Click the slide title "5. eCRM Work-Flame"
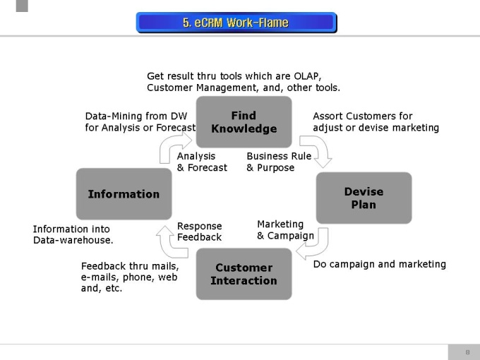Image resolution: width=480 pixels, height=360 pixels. click(x=236, y=23)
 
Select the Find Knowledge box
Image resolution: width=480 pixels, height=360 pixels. click(x=244, y=122)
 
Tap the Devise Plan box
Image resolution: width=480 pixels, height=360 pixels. click(x=364, y=198)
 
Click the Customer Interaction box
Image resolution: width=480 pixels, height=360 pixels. click(x=244, y=274)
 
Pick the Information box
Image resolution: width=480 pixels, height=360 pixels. click(x=124, y=194)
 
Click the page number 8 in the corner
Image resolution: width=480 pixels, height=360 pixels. click(x=467, y=352)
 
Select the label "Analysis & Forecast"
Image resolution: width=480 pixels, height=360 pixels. click(x=202, y=162)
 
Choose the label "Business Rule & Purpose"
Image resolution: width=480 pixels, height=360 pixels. click(x=279, y=162)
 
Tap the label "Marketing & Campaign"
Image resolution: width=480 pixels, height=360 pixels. click(x=285, y=230)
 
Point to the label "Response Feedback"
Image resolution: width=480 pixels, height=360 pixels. click(x=199, y=232)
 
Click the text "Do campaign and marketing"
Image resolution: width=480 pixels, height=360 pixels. click(x=379, y=264)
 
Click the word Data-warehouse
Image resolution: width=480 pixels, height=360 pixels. click(x=73, y=240)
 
